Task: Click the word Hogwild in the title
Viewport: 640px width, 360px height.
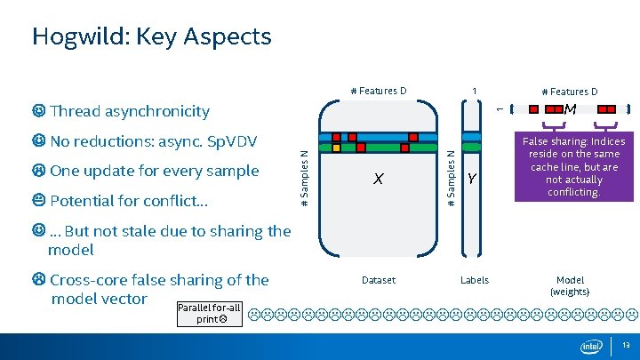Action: click(76, 36)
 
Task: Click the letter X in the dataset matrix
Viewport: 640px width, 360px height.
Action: click(379, 179)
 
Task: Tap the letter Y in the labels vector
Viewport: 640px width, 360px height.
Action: click(472, 180)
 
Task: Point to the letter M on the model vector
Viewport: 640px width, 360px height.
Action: click(571, 109)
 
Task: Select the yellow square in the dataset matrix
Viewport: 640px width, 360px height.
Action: click(336, 148)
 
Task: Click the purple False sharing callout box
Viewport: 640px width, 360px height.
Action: click(573, 166)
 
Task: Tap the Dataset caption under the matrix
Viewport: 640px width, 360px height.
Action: click(379, 280)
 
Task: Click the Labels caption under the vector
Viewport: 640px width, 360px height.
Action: click(474, 280)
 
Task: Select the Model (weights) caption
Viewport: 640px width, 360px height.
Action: click(570, 285)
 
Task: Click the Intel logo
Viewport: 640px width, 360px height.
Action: click(591, 346)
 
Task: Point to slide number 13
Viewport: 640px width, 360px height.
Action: click(627, 346)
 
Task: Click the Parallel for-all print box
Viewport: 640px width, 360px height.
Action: click(209, 313)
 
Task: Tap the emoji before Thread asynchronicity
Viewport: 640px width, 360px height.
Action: click(38, 111)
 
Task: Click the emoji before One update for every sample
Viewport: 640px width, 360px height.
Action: click(38, 171)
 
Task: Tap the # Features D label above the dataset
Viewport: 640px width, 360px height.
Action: click(379, 91)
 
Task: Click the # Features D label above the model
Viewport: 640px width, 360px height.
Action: click(570, 92)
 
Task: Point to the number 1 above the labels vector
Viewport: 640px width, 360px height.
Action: click(475, 91)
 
